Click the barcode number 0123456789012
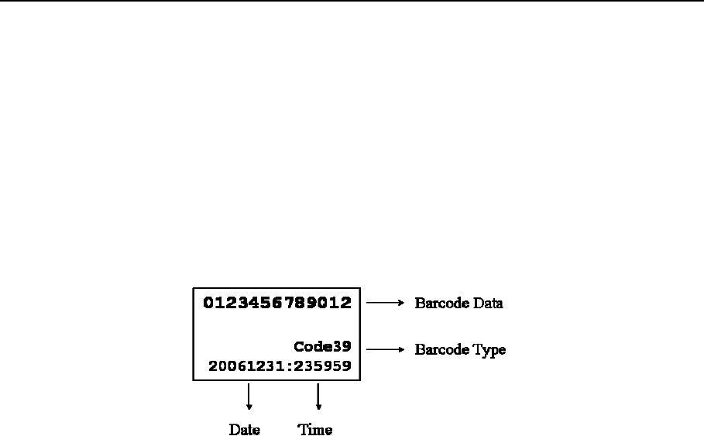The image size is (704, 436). point(277,303)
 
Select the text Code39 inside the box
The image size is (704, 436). point(322,347)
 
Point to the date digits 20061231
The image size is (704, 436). point(245,366)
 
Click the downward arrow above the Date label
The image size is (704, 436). point(249,397)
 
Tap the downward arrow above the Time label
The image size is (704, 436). point(318,397)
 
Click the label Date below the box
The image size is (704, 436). point(244,430)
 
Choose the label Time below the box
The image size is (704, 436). point(315,430)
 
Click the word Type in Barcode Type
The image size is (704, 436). point(489,350)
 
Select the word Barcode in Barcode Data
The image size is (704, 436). point(441,304)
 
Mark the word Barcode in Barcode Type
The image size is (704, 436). point(441,350)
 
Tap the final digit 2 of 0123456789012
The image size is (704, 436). point(345,303)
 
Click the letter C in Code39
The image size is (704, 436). point(299,347)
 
